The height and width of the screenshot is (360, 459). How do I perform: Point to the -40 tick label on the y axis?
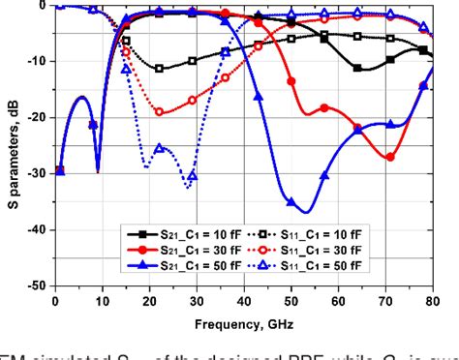(39, 230)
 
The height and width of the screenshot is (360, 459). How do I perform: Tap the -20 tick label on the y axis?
(39, 117)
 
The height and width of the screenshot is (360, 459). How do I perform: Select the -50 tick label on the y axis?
(39, 286)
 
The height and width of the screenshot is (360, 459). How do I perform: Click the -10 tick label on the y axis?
(39, 61)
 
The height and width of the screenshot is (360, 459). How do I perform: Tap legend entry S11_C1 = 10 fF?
(310, 235)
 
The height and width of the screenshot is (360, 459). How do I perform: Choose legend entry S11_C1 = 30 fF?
(310, 249)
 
